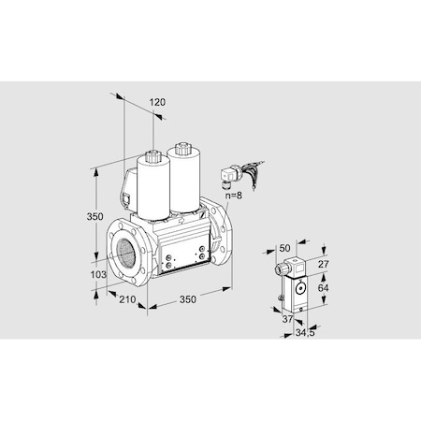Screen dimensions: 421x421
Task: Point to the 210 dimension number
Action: click(127, 298)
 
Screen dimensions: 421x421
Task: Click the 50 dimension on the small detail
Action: click(286, 248)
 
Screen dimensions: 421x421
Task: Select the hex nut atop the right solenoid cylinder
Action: click(181, 147)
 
